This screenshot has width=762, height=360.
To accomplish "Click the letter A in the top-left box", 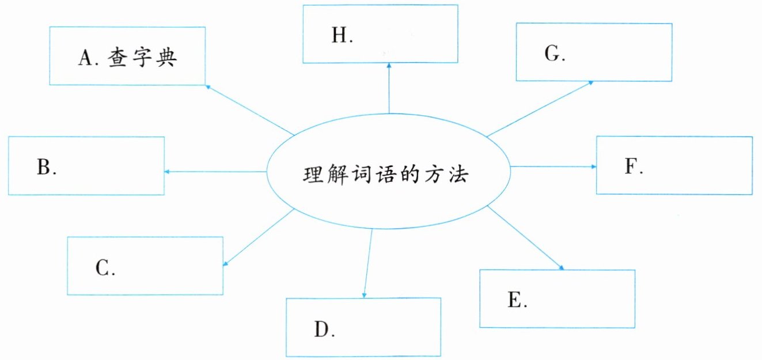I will coord(86,58).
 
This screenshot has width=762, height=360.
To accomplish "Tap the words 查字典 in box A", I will coord(141,58).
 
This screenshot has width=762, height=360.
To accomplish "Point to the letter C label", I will coord(104,268).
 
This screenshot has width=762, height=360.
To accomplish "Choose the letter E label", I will coord(515,300).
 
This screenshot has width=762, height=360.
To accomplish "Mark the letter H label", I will coord(340,36).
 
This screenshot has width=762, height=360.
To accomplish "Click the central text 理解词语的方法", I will coord(386,174).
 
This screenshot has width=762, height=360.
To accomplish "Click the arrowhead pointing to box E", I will coord(560,267).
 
